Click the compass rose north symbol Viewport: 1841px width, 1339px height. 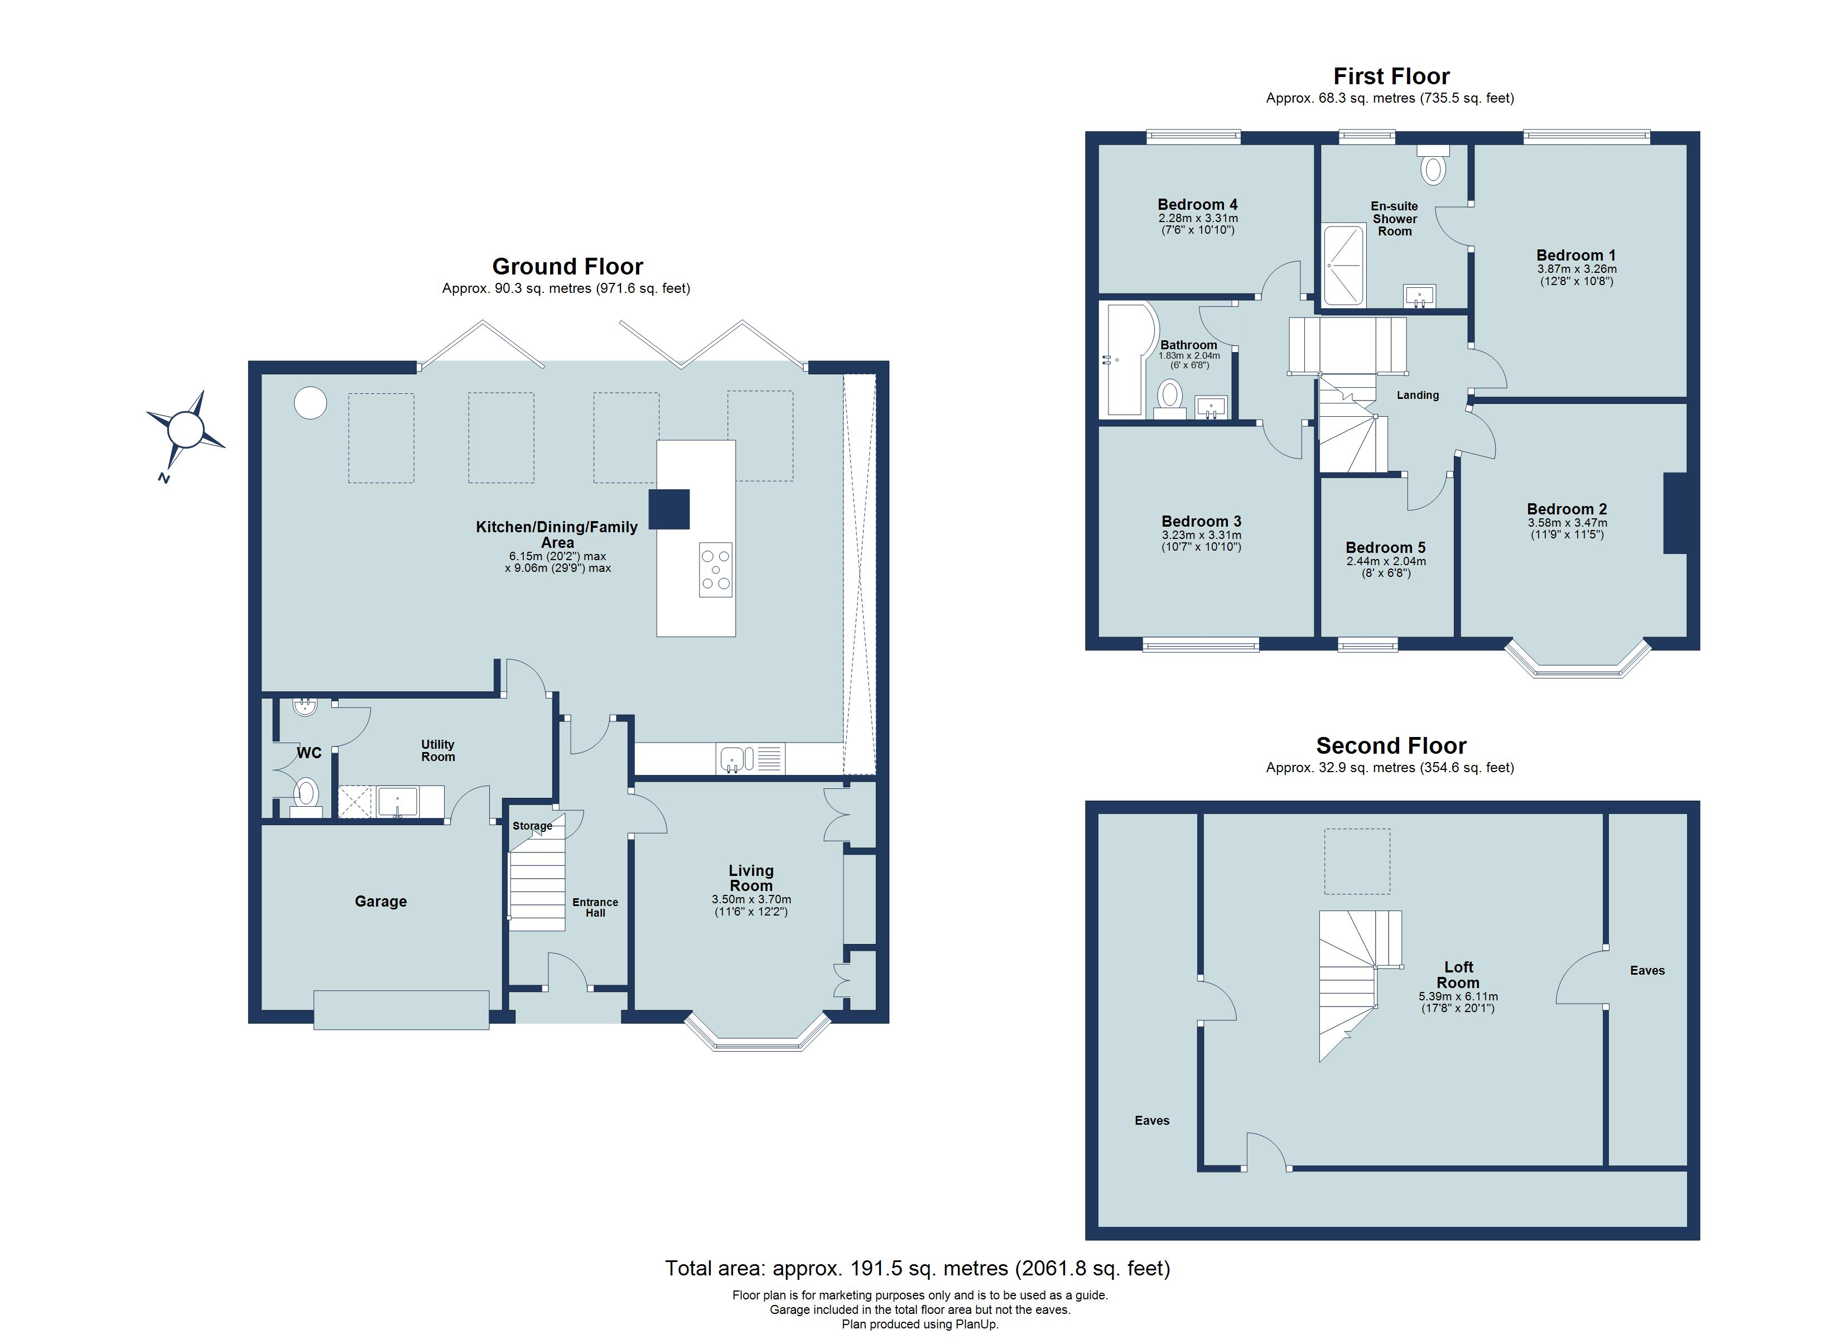[x=185, y=430]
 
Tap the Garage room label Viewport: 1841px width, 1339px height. [x=380, y=902]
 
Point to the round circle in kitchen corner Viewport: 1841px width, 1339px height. [x=310, y=403]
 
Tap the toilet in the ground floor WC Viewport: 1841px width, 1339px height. [x=306, y=792]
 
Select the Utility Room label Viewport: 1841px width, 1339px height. [x=437, y=750]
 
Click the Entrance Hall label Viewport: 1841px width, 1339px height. [x=595, y=907]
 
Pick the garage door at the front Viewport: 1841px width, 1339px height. [x=401, y=1010]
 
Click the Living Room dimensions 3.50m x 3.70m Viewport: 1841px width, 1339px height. [x=751, y=900]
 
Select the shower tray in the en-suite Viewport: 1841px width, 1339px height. [x=1344, y=264]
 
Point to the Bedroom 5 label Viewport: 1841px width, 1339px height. [x=1386, y=547]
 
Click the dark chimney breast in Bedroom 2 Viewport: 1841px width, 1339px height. [x=1675, y=513]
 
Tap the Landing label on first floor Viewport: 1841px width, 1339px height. [x=1417, y=396]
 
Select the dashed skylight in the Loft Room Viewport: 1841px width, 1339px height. [x=1357, y=861]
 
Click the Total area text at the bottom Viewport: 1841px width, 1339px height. [x=917, y=1268]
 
